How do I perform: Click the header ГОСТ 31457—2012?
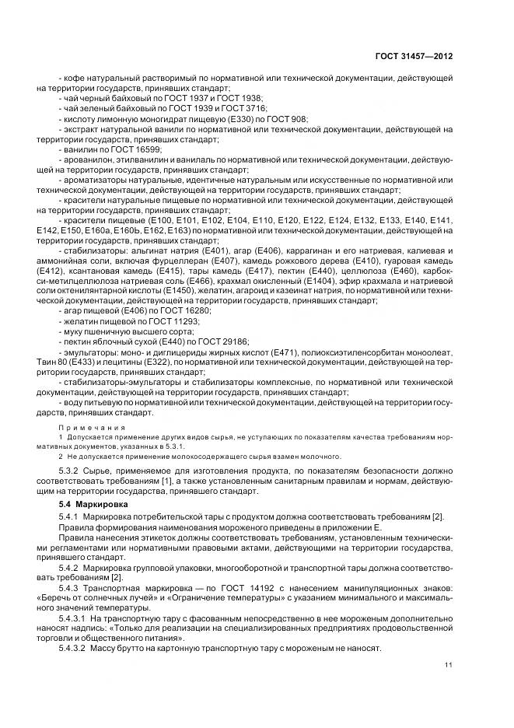[x=414, y=56]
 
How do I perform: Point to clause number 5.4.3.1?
[x=75, y=624]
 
